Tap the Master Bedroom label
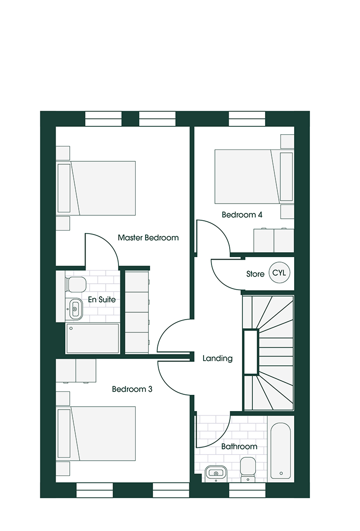(148, 238)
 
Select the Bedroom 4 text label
(242, 215)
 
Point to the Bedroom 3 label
(132, 389)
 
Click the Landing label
(217, 358)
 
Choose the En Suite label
(102, 299)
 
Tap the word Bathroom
(239, 446)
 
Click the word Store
(255, 274)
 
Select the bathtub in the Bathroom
(282, 451)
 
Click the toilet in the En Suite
(76, 284)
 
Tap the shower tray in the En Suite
(92, 338)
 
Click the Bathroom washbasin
(215, 472)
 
